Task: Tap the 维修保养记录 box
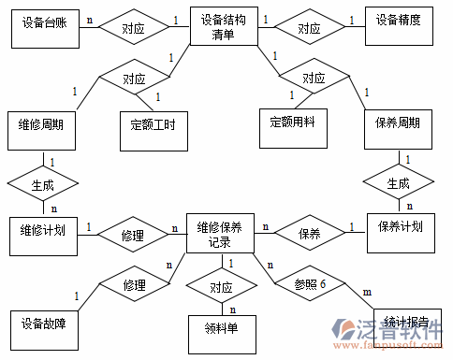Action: [x=220, y=234]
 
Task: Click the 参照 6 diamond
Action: [x=309, y=284]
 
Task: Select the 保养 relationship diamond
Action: [x=309, y=231]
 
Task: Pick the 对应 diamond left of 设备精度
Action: [x=309, y=29]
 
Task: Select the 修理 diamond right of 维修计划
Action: [x=133, y=233]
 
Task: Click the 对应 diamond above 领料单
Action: [x=221, y=286]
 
